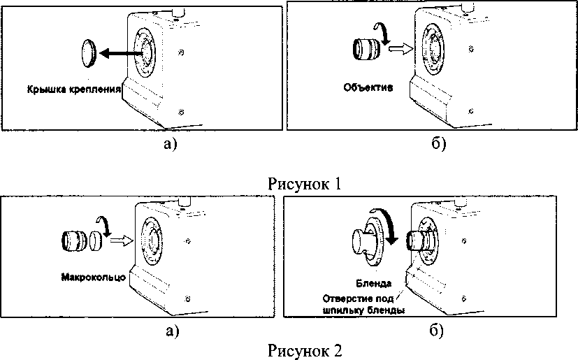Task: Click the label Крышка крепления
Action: [x=73, y=89]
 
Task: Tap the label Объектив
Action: [x=368, y=87]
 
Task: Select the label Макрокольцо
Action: [x=93, y=277]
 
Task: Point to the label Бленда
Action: [x=373, y=283]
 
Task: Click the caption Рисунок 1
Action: [x=305, y=183]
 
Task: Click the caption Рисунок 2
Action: [x=305, y=350]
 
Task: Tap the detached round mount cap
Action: [x=88, y=52]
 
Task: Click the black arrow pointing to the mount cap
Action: [x=122, y=54]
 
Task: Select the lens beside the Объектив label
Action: [x=366, y=49]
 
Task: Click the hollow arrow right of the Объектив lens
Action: [x=400, y=49]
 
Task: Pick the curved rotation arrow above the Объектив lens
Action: [x=382, y=33]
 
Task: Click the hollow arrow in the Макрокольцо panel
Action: [x=122, y=240]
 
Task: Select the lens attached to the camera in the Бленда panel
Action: [x=419, y=240]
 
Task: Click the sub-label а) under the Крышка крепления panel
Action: [x=170, y=144]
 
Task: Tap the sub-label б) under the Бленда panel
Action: [x=437, y=330]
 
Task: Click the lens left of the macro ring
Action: [x=75, y=240]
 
